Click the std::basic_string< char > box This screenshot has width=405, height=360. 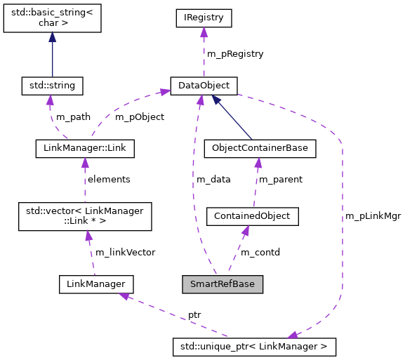53,18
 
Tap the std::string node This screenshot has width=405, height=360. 53,86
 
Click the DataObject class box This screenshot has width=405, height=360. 204,86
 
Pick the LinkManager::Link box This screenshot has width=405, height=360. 84,148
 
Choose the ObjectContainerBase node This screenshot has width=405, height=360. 259,148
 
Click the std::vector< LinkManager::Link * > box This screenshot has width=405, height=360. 84,216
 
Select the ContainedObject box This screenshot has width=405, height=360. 253,216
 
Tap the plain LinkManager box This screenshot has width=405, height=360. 95,284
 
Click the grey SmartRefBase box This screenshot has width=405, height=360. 223,284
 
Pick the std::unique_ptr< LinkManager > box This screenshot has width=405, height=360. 254,346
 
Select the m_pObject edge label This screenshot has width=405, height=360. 139,117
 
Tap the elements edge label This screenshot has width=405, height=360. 108,179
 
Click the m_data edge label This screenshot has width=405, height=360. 213,179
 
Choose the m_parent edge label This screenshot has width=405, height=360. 281,179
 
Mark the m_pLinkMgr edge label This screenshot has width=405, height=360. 373,216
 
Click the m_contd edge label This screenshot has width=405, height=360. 260,252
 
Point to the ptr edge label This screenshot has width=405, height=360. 194,315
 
